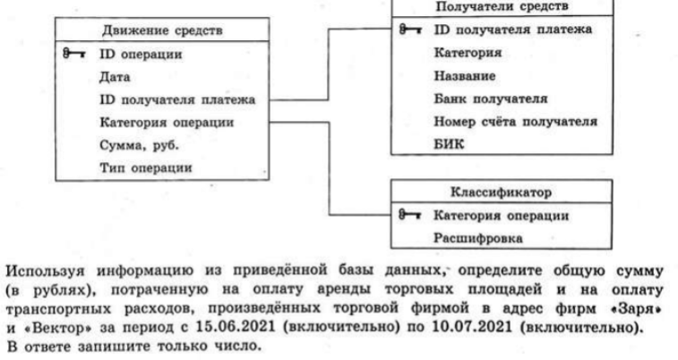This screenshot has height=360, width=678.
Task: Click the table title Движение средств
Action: pos(162,30)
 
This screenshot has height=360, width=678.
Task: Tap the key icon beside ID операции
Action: pos(74,54)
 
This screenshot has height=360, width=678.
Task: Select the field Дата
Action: pos(115,77)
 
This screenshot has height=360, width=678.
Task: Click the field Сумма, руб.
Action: pos(139,145)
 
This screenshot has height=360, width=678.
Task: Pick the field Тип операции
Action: pos(146,167)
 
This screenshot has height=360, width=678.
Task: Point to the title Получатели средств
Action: pos(502,6)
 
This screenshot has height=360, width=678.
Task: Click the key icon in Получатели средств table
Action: pos(410,30)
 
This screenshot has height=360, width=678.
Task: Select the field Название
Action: pos(465,75)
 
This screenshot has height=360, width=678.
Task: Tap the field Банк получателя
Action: pos(490,99)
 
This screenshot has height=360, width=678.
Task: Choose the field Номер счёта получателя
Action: pos(515,122)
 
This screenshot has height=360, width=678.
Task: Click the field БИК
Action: pos(449,144)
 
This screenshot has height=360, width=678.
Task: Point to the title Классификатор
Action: pos(502,192)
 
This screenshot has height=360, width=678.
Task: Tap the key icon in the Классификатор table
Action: pos(409,214)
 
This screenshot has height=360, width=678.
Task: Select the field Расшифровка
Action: pos(477,237)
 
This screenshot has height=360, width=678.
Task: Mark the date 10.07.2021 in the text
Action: pos(472,326)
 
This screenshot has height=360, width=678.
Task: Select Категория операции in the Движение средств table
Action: pos(167,123)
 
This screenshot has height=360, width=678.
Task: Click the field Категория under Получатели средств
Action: pos(468,53)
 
